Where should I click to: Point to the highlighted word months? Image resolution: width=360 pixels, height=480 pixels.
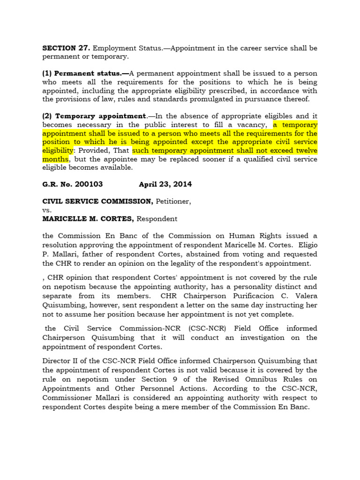pos(55,159)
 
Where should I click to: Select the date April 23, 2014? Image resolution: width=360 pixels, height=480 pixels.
pos(165,184)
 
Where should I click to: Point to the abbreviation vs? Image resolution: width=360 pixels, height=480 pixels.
pos(47,210)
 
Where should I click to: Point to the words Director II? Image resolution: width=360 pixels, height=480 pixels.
pos(60,361)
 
